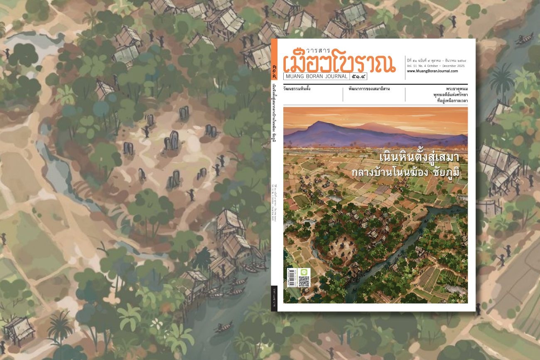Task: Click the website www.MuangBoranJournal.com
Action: point(432,71)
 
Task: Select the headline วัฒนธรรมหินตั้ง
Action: point(297,89)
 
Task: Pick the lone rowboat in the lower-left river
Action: point(224,328)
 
